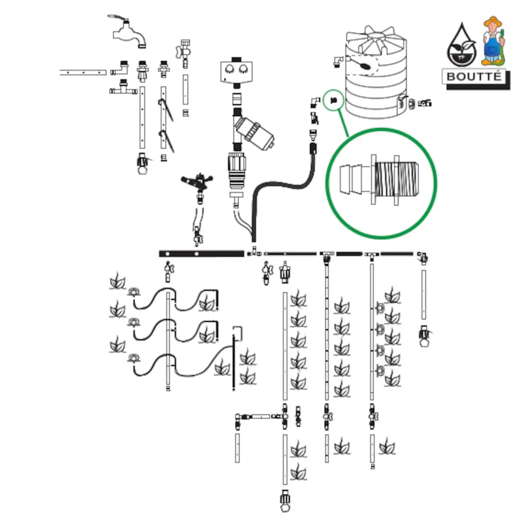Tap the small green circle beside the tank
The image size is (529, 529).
pyautogui.click(x=334, y=99)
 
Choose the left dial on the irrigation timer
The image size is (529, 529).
pyautogui.click(x=230, y=69)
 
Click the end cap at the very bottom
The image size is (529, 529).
pyautogui.click(x=285, y=501)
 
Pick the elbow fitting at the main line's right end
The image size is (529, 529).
pyautogui.click(x=423, y=258)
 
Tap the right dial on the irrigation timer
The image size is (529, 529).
pyautogui.click(x=244, y=69)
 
